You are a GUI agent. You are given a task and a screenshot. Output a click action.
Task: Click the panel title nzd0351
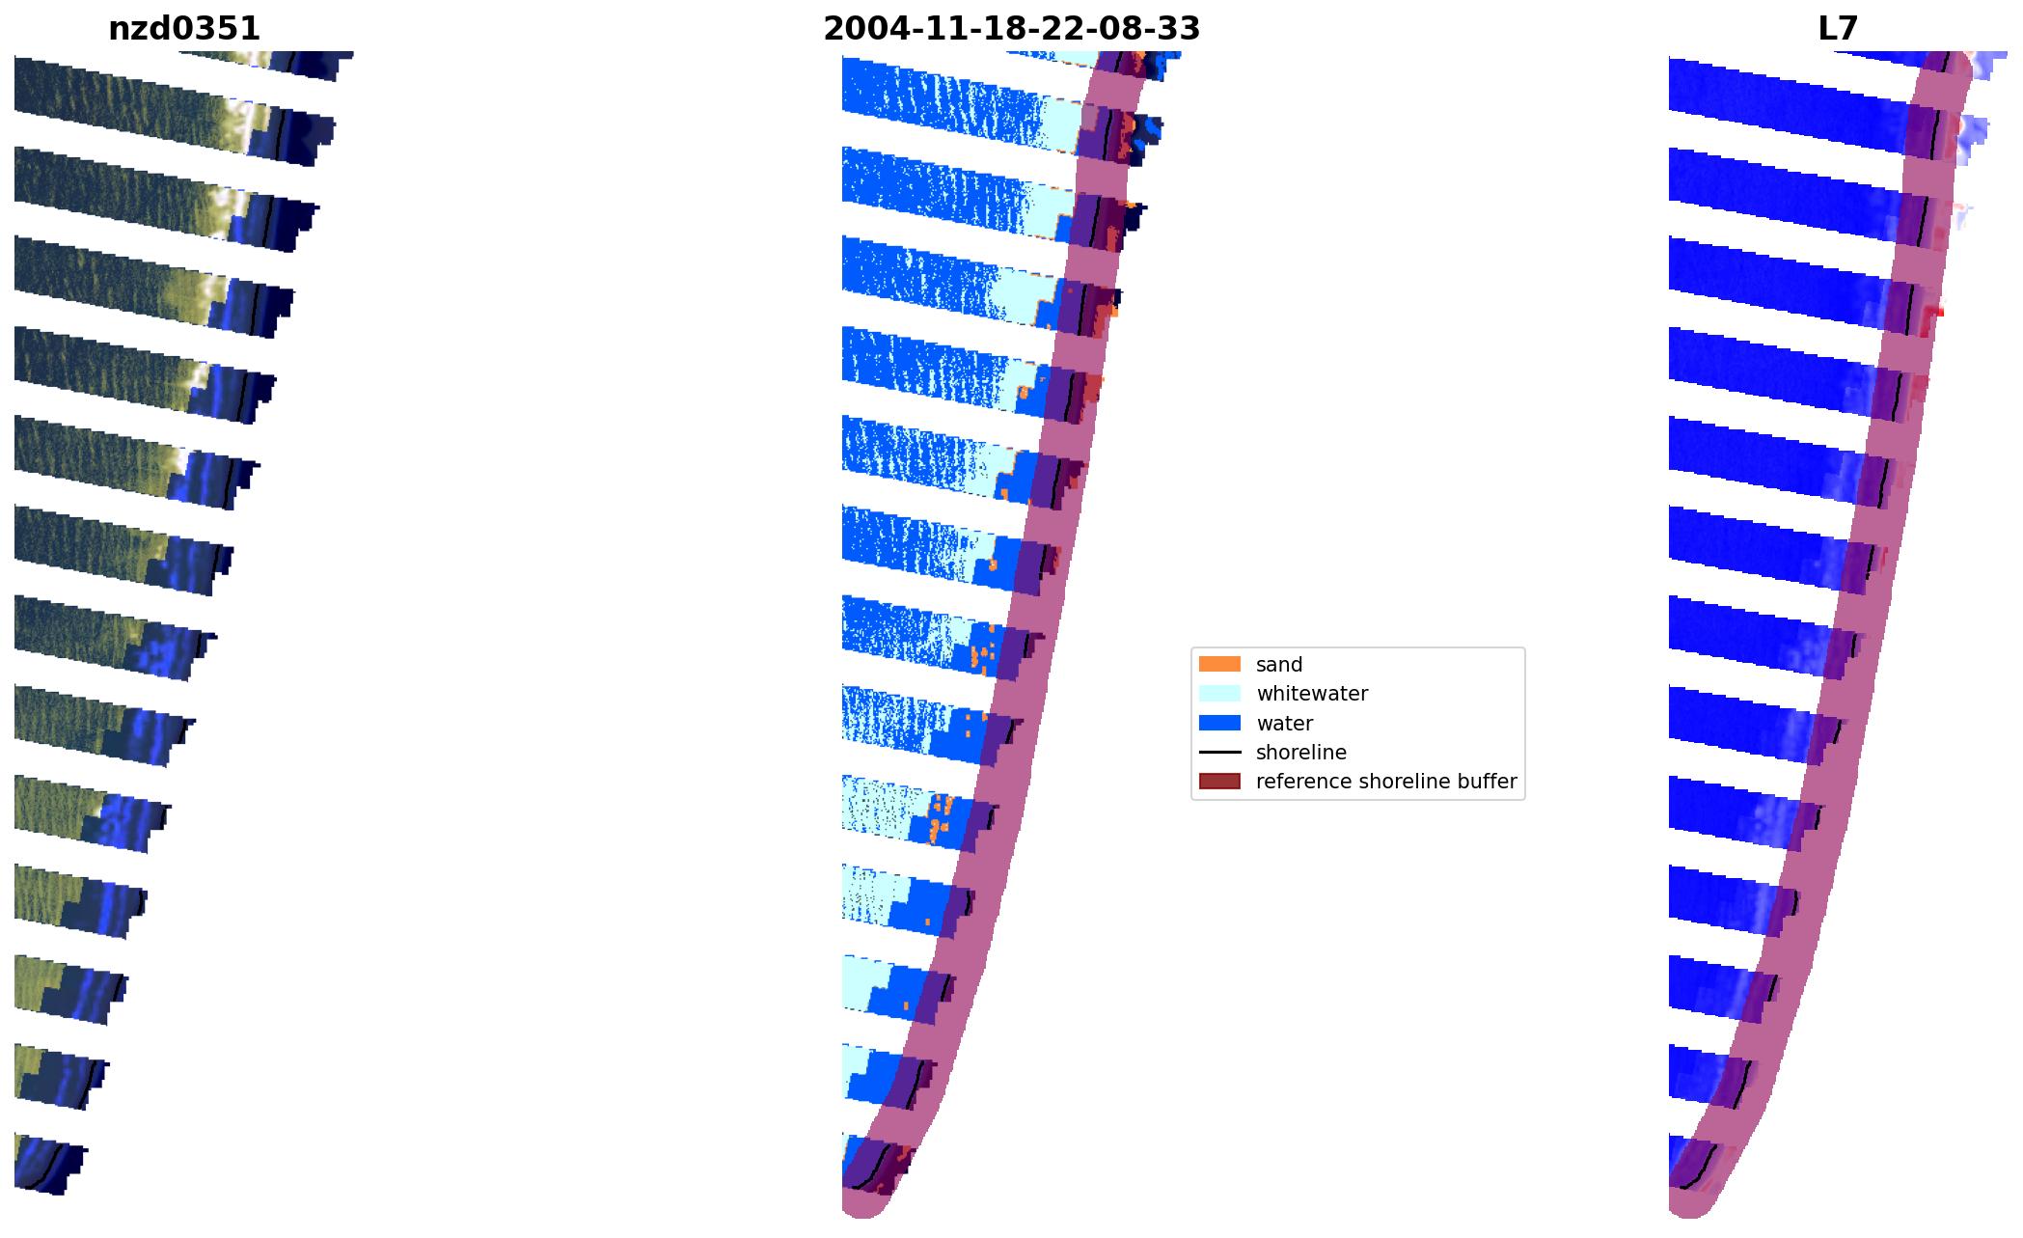(184, 29)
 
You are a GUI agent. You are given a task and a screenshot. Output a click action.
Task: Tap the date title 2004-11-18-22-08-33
(1011, 29)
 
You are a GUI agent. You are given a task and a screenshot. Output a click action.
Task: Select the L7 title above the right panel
(1837, 29)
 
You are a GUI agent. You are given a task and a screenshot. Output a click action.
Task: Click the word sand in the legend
(1278, 665)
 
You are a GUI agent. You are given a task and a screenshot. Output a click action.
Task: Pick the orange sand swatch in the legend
(1218, 664)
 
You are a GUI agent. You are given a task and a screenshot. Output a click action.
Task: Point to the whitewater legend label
(1311, 694)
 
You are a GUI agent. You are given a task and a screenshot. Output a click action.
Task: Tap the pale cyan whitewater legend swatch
(1218, 693)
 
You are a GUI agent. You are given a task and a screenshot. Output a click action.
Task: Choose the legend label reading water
(1284, 724)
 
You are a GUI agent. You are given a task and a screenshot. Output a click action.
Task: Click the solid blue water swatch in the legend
(1218, 723)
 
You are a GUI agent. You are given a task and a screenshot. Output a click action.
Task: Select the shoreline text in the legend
(1300, 753)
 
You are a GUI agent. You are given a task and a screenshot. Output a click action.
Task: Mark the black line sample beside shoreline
(1218, 753)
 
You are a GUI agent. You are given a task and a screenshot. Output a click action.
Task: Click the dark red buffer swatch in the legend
(1218, 782)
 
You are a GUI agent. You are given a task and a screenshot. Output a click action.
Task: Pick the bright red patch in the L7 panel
(1932, 313)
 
